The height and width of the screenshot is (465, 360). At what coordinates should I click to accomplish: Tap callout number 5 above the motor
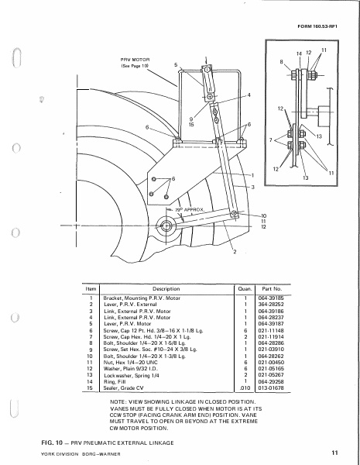[176, 64]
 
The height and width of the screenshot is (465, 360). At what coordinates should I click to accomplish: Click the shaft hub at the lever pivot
[166, 227]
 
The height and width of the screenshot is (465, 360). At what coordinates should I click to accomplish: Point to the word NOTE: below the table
[119, 405]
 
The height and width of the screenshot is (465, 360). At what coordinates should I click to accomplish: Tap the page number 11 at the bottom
[334, 452]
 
